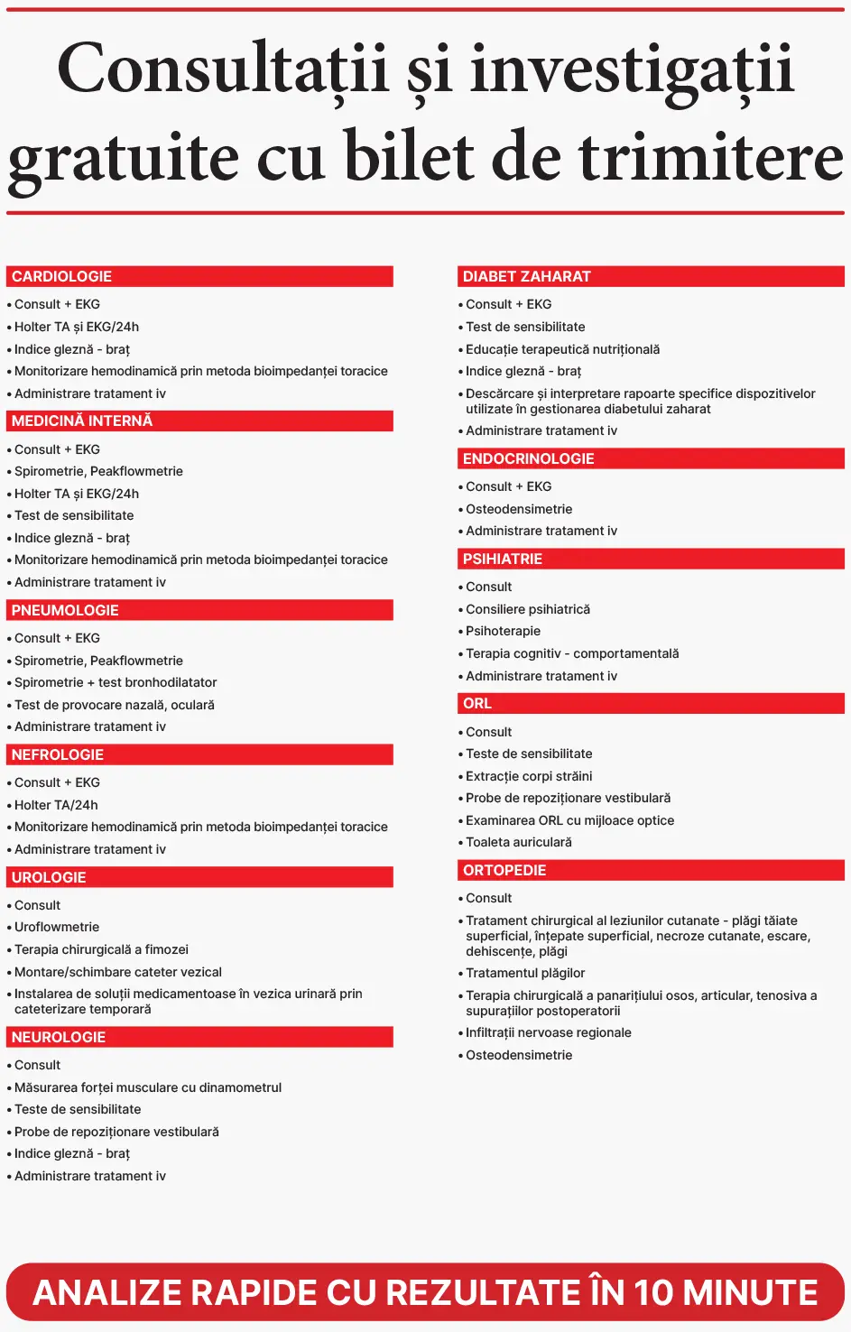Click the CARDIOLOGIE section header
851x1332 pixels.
[x=199, y=276]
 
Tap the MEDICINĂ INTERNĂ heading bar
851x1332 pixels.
[x=199, y=421]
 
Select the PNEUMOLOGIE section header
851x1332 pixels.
[x=199, y=610]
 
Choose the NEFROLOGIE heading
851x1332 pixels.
[x=199, y=754]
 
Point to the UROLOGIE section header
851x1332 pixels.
[x=199, y=877]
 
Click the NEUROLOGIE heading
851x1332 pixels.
[x=199, y=1037]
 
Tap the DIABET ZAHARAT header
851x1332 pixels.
[x=651, y=276]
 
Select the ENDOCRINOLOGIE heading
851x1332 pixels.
[x=651, y=458]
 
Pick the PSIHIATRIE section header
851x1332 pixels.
[x=651, y=559]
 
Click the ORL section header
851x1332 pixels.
[x=651, y=703]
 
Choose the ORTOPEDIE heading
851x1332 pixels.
[x=651, y=870]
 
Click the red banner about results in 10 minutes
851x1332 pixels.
[x=425, y=1292]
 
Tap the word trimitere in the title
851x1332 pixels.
[x=711, y=157]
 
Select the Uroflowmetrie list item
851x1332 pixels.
[x=57, y=927]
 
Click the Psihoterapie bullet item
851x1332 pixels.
[x=503, y=631]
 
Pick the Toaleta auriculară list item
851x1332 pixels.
[x=518, y=842]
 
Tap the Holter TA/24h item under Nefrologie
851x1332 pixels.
[x=56, y=805]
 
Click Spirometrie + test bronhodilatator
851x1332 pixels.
[x=116, y=682]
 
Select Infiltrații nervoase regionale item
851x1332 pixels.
[x=548, y=1032]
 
